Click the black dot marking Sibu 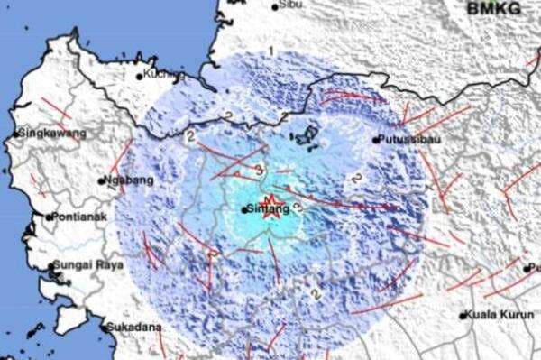pyautogui.click(x=275, y=6)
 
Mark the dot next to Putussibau pyautogui.click(x=376, y=140)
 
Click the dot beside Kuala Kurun pyautogui.click(x=463, y=316)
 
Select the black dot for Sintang pyautogui.click(x=245, y=209)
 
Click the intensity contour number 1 pyautogui.click(x=271, y=50)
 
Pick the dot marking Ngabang pyautogui.click(x=102, y=180)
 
